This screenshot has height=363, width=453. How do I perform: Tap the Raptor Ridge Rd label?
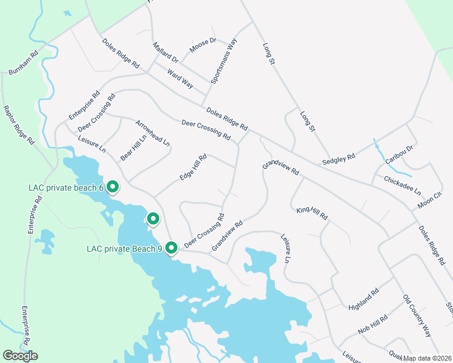(x=18, y=125)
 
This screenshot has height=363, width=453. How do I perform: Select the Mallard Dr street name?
(x=165, y=53)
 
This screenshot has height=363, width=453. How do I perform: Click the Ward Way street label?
(x=180, y=79)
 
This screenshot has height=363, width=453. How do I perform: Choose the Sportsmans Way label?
(x=223, y=61)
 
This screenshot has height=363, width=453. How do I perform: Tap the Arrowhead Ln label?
(x=153, y=134)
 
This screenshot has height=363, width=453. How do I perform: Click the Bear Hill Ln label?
(x=133, y=147)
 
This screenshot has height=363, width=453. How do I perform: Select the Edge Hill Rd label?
(x=193, y=167)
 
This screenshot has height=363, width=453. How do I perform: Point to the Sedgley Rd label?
(x=339, y=159)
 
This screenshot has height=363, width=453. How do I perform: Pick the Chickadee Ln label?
(x=402, y=184)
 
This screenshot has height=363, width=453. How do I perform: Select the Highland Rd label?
(x=363, y=299)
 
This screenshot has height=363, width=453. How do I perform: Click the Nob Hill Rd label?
(x=372, y=325)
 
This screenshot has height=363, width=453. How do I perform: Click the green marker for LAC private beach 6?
(x=113, y=187)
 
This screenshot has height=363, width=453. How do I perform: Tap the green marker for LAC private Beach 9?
(x=171, y=247)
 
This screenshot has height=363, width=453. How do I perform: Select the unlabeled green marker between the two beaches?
(x=154, y=218)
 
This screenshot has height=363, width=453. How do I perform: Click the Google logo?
(x=20, y=356)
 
